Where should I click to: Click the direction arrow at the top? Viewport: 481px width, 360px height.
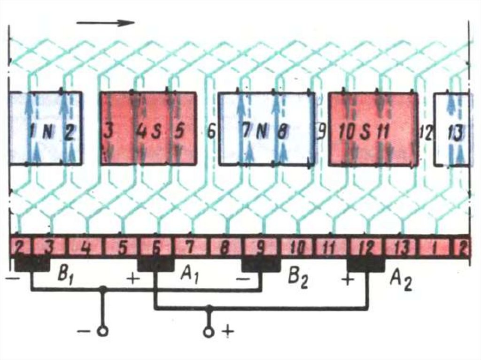(106, 23)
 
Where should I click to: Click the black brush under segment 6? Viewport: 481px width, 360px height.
(155, 264)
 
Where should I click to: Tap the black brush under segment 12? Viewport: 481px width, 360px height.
(365, 264)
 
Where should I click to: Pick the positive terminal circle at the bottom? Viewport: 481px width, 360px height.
(209, 332)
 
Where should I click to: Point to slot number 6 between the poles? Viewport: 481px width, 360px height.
(211, 132)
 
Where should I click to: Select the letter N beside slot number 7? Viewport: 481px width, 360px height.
(261, 132)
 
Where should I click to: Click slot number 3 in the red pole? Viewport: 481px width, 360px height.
(108, 131)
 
